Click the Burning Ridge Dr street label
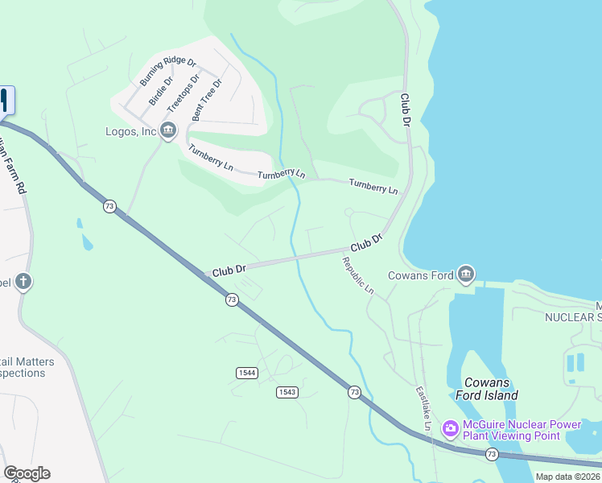pos(167,72)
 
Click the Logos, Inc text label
pos(130,131)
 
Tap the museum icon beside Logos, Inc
pos(168,130)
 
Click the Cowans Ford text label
pos(420,275)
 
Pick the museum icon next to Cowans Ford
pos(466,275)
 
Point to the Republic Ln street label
pos(358,275)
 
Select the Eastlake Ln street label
pos(423,409)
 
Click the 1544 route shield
pos(246,372)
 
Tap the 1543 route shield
pos(287,391)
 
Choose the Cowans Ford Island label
pos(490,389)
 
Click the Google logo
pos(27,473)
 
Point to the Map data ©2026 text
pos(568,477)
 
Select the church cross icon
pos(24,282)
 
